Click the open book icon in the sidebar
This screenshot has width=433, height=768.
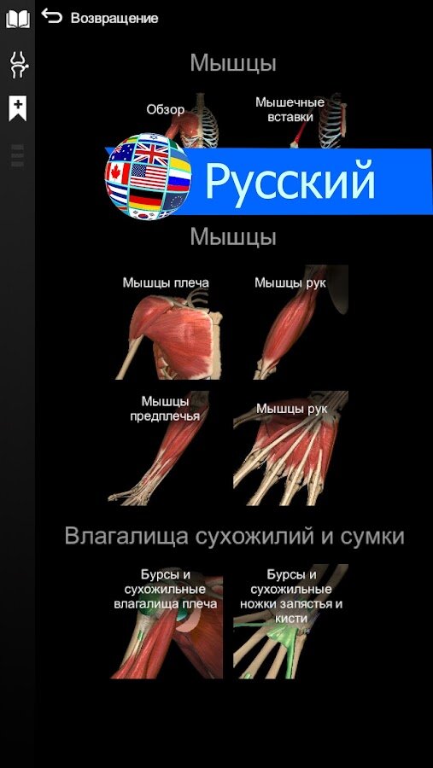pyautogui.click(x=18, y=20)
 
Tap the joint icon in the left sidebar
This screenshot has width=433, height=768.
pyautogui.click(x=18, y=65)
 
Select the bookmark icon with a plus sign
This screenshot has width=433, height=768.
pyautogui.click(x=18, y=108)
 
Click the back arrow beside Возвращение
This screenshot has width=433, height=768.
pyautogui.click(x=52, y=16)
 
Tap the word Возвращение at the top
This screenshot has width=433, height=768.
pyautogui.click(x=114, y=19)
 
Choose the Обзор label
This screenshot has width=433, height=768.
pyautogui.click(x=165, y=110)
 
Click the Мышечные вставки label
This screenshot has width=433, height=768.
pyautogui.click(x=290, y=110)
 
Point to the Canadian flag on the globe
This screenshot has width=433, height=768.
pyautogui.click(x=118, y=172)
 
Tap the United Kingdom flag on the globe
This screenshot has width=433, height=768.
pyautogui.click(x=151, y=154)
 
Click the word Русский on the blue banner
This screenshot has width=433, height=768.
pyautogui.click(x=290, y=181)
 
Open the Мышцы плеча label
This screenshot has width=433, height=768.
pyautogui.click(x=166, y=282)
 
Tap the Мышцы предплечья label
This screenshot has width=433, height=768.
pyautogui.click(x=165, y=409)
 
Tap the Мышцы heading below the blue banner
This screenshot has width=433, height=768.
pyautogui.click(x=233, y=237)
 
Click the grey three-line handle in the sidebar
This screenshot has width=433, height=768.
pyautogui.click(x=17, y=156)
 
